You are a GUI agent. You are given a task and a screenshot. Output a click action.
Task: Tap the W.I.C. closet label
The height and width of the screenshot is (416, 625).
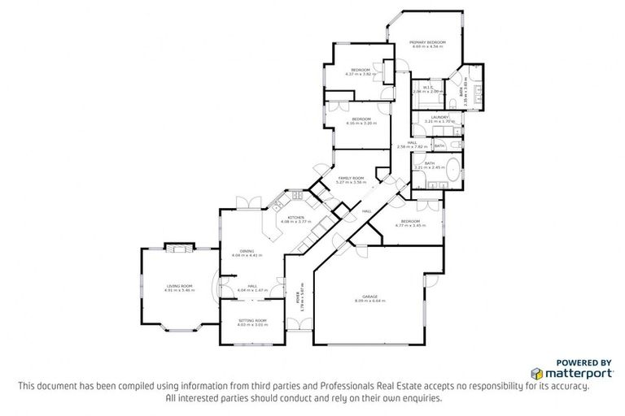[426, 89]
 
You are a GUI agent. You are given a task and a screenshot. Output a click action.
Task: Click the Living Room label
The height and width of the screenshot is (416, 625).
[181, 287]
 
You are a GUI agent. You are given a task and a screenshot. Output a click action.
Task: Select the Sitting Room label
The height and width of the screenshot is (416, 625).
[252, 322]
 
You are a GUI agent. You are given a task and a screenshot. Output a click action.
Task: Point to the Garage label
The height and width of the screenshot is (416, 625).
[370, 298]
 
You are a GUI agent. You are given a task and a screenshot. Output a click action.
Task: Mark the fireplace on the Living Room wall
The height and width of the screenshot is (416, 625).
[177, 247]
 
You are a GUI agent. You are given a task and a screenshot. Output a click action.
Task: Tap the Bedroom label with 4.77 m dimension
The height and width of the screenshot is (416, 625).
[410, 222]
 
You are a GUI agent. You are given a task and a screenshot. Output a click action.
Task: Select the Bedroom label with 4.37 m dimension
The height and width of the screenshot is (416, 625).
[361, 71]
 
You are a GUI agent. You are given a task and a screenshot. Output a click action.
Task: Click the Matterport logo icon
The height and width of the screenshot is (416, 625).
[538, 373]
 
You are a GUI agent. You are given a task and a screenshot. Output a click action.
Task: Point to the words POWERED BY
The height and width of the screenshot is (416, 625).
[583, 362]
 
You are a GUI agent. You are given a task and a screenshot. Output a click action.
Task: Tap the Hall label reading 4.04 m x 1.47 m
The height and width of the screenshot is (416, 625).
[252, 288]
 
